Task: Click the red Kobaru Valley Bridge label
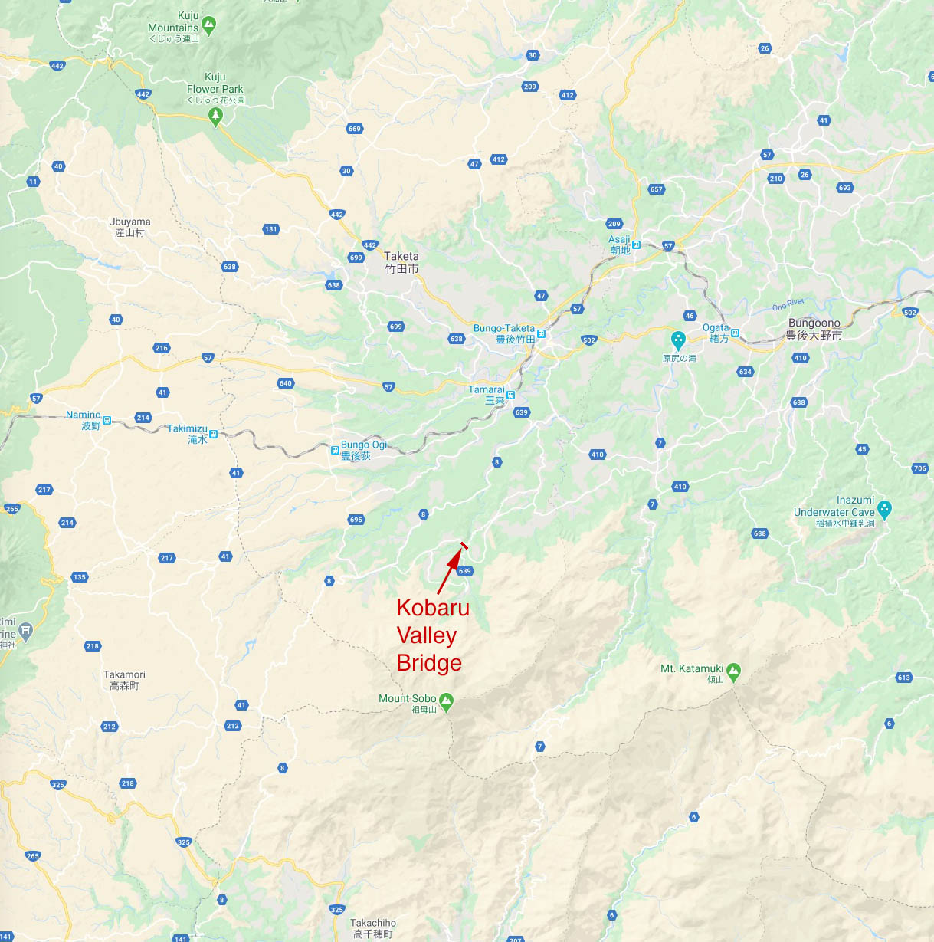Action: coord(432,635)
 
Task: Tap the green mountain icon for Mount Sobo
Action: coord(446,701)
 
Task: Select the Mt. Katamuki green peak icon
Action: coord(733,671)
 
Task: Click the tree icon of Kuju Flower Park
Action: coord(215,116)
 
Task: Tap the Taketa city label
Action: coord(401,262)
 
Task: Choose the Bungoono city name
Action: coord(814,329)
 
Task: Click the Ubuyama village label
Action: coord(129,227)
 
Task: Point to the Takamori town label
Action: coord(124,680)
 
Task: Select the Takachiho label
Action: coord(373,928)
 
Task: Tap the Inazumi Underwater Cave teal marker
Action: coord(885,508)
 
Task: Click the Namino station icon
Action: coord(107,420)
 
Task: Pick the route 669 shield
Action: coord(354,129)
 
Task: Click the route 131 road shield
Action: coord(270,229)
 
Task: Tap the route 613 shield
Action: coord(904,678)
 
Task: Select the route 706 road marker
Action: coord(920,468)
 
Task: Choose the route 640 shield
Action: coord(286,383)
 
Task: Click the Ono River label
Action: coord(788,305)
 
